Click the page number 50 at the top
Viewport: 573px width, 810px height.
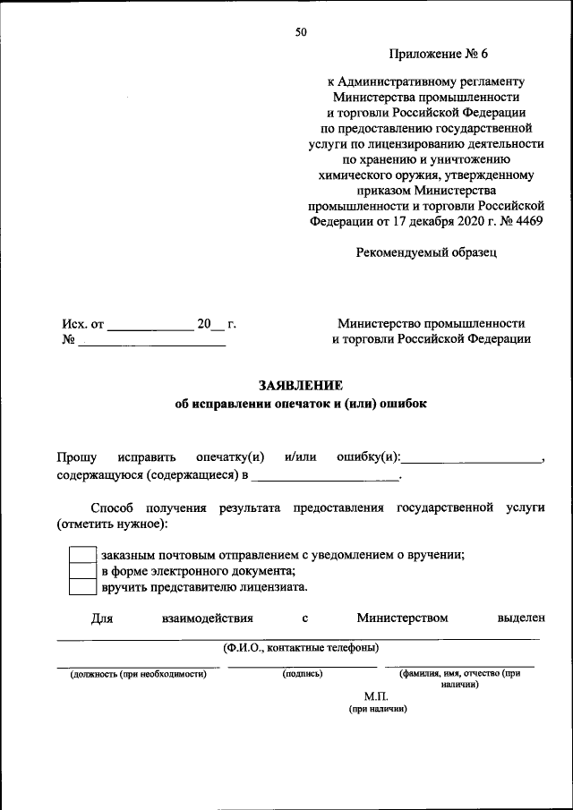(x=301, y=32)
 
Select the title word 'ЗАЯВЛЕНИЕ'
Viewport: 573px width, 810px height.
(x=301, y=386)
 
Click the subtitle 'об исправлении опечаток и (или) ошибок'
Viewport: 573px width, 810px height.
(x=301, y=404)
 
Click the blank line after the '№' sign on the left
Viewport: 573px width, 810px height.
(x=152, y=345)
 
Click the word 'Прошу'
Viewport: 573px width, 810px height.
(x=77, y=457)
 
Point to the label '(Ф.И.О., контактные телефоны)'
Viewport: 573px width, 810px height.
(x=300, y=647)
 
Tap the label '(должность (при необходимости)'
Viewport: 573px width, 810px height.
(x=139, y=674)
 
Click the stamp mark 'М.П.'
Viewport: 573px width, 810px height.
(x=377, y=695)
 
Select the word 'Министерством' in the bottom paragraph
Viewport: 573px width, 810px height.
(x=401, y=618)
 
